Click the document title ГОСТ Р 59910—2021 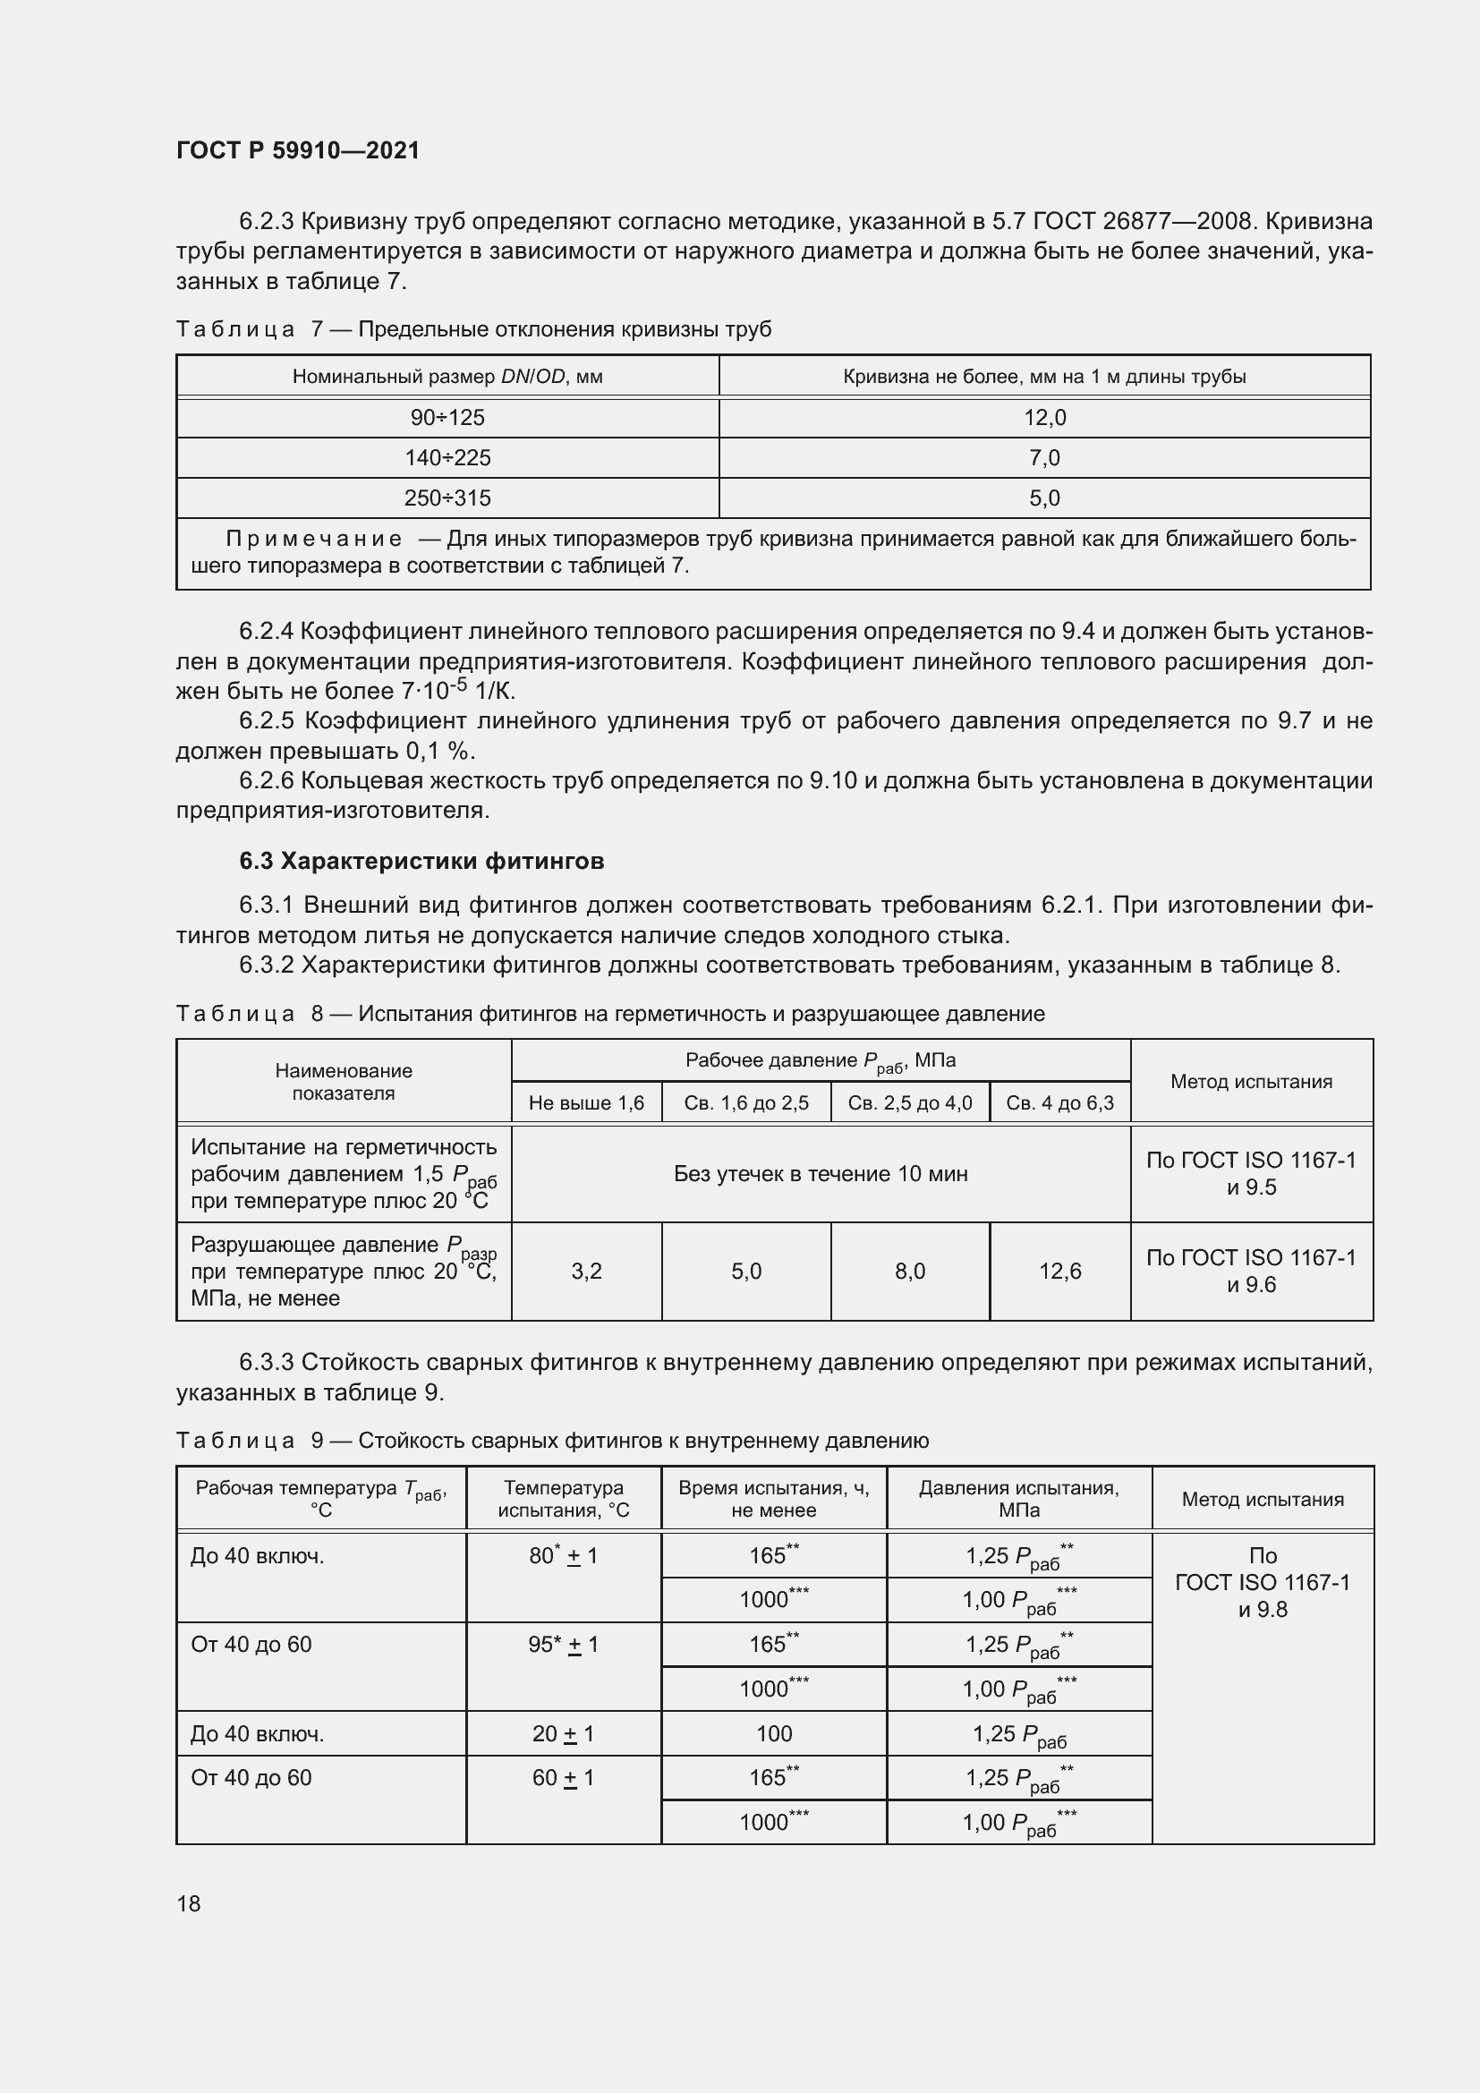(298, 150)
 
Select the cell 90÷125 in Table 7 (447, 418)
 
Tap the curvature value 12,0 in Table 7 (1044, 418)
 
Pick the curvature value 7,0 (1044, 457)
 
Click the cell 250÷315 (447, 498)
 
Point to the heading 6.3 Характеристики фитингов (422, 861)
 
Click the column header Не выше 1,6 (586, 1103)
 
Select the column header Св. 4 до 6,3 (1059, 1103)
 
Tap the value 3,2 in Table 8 (586, 1271)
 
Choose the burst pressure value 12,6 (1059, 1271)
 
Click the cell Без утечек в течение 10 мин (821, 1174)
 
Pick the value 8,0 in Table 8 (909, 1271)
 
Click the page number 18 (189, 1903)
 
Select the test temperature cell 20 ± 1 (563, 1734)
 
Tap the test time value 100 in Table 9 (774, 1734)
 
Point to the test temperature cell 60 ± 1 (563, 1778)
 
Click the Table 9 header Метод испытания (1263, 1500)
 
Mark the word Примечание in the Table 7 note (313, 539)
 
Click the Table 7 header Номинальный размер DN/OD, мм (447, 377)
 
